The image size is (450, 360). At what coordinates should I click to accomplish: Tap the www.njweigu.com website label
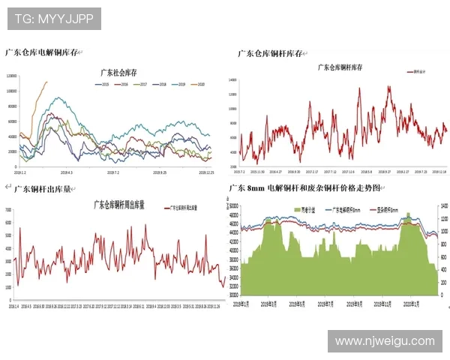(x=384, y=340)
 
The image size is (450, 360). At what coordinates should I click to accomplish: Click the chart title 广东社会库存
(x=118, y=73)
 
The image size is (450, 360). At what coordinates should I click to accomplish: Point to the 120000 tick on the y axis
(x=12, y=76)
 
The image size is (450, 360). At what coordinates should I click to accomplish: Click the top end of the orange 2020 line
(x=46, y=82)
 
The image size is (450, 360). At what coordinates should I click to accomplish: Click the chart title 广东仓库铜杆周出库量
(x=118, y=204)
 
